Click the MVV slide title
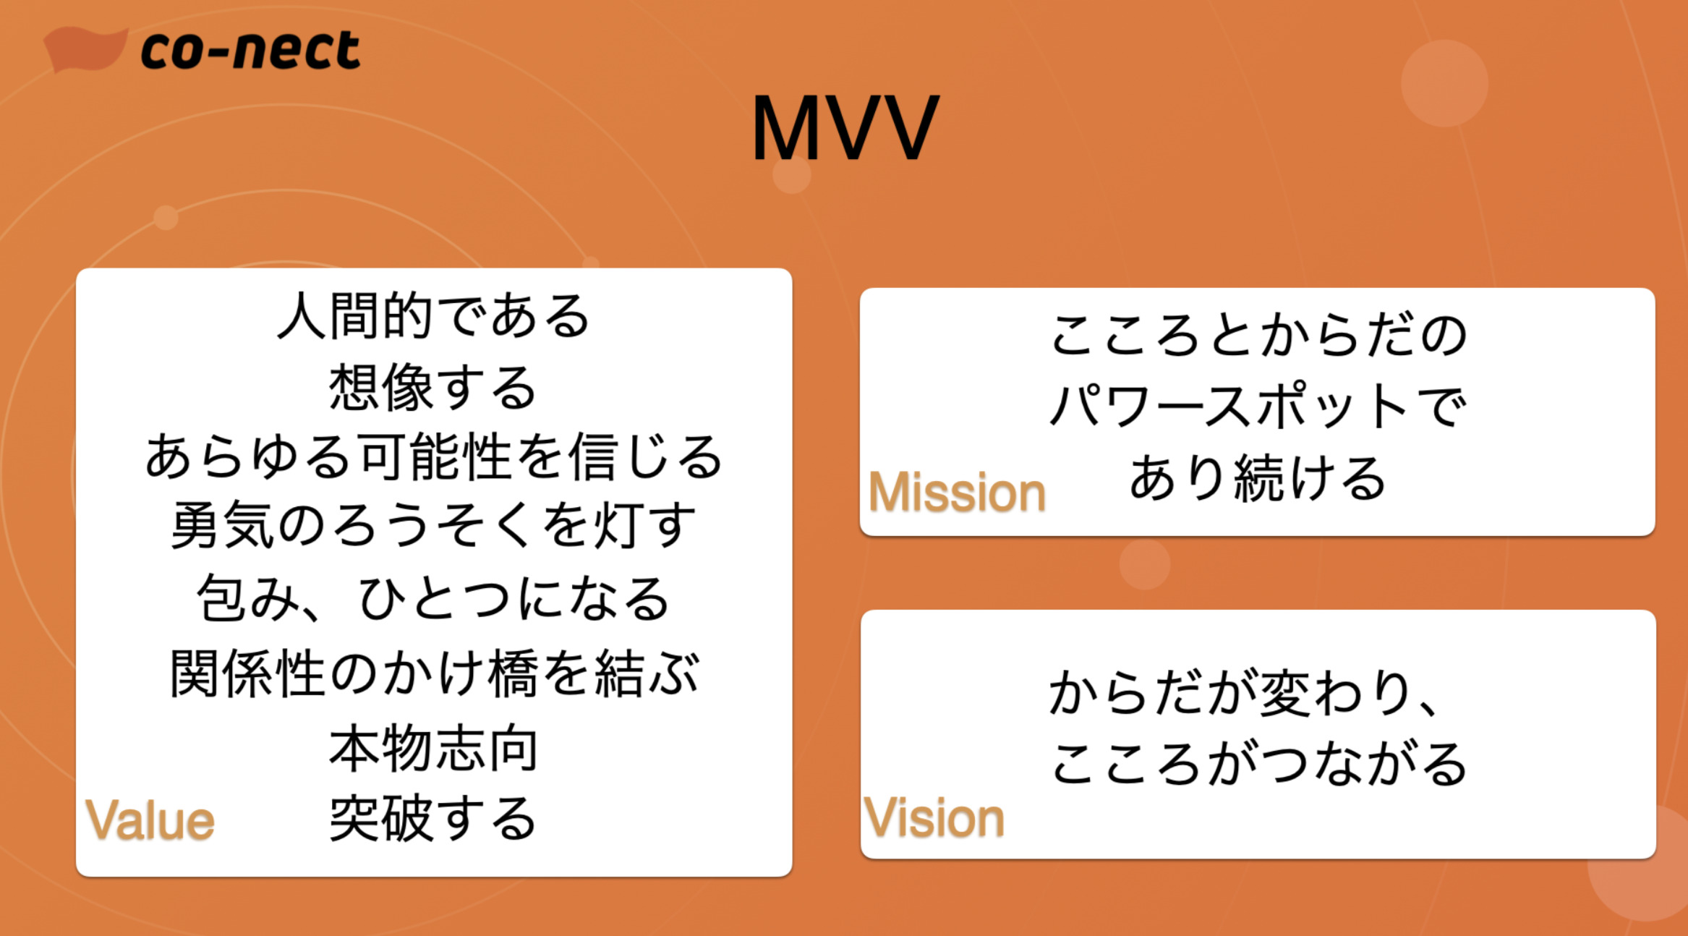[x=845, y=128]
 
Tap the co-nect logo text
[x=250, y=50]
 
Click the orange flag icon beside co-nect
[x=85, y=49]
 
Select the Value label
[x=150, y=820]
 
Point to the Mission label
[x=957, y=492]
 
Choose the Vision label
[x=934, y=817]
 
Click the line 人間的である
[x=434, y=316]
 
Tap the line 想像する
[x=433, y=387]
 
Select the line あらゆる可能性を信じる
[x=434, y=457]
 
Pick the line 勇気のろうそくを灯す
[x=434, y=526]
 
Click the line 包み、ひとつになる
[x=434, y=599]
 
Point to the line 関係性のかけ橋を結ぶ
[x=434, y=673]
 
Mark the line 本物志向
[x=433, y=749]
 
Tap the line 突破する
[x=433, y=818]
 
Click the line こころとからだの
[x=1258, y=335]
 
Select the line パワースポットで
[x=1258, y=405]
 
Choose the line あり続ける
[x=1258, y=478]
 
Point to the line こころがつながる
[x=1258, y=763]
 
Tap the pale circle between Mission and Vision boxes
[x=1145, y=564]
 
